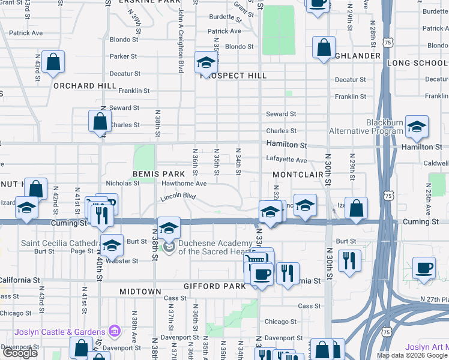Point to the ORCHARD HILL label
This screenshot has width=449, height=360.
pos(84,86)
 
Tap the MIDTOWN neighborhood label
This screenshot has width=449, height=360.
pos(140,292)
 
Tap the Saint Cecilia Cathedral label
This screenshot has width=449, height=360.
pos(60,243)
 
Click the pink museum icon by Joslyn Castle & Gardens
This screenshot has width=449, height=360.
pos(114,332)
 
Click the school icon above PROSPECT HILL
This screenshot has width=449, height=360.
pos(206,62)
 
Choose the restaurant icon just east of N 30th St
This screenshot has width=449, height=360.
pos(349,260)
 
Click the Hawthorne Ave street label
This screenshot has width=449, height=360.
pos(184,184)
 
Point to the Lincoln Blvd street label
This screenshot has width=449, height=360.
pos(178,197)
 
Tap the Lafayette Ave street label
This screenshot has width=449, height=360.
pos(286,160)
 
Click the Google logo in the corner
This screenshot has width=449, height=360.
pos(20,353)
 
